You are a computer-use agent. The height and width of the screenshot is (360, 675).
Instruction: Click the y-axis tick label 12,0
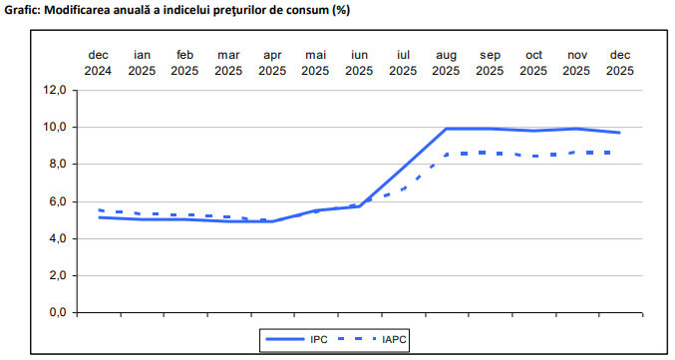[53, 90]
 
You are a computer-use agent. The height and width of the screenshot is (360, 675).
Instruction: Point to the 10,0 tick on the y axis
[53, 127]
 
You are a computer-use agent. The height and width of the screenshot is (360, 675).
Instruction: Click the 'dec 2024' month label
[98, 62]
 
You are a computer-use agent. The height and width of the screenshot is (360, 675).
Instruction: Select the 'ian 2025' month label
[142, 62]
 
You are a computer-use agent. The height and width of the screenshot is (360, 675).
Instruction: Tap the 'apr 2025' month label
[271, 62]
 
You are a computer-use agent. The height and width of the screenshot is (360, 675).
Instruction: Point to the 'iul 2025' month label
[403, 62]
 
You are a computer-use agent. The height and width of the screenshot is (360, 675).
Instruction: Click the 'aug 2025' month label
[446, 62]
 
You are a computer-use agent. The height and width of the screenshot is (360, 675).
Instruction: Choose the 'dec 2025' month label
[619, 62]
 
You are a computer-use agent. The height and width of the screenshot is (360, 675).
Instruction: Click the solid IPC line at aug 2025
[446, 129]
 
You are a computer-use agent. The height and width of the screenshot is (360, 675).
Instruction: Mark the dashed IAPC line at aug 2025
[446, 155]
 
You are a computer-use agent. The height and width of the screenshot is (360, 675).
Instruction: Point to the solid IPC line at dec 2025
[619, 133]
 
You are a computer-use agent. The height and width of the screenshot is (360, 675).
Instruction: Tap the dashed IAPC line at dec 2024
[100, 210]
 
